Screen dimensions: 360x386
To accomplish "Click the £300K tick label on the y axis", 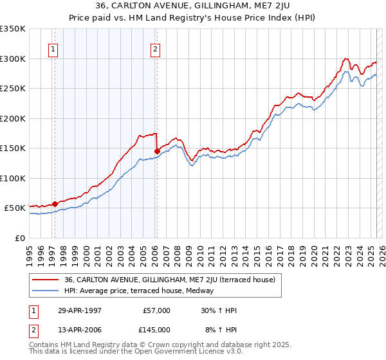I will [x=13, y=59].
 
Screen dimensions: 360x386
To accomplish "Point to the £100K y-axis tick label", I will [x=13, y=178].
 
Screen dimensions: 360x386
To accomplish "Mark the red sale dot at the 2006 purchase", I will [x=157, y=152].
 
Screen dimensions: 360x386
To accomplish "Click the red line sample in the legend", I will [x=46, y=280].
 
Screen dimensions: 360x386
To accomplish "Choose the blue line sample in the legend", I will [x=46, y=291].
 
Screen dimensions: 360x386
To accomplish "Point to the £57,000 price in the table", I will [x=156, y=310].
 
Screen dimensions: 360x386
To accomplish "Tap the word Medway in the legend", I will [x=209, y=291].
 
